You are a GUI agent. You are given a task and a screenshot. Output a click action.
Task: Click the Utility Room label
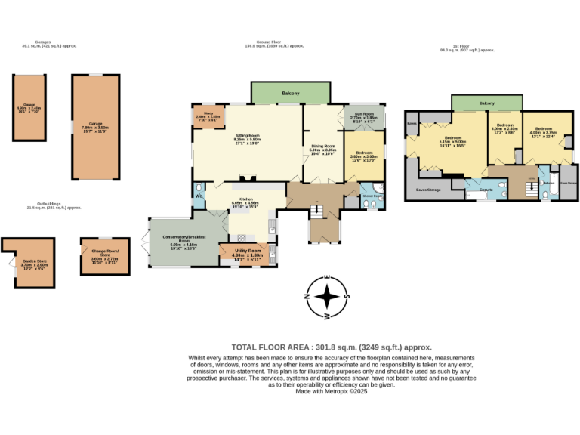247,253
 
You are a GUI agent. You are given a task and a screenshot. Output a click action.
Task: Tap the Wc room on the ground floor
199,196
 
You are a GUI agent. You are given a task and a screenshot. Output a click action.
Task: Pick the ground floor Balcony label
291,94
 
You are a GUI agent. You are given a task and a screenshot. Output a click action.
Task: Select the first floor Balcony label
486,103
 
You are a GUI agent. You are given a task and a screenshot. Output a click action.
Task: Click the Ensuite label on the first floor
486,190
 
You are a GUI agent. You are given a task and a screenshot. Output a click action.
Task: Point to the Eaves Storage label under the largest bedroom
428,190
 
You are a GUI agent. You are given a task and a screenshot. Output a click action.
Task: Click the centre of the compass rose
326,296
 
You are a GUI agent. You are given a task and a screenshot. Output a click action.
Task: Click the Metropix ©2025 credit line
331,391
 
